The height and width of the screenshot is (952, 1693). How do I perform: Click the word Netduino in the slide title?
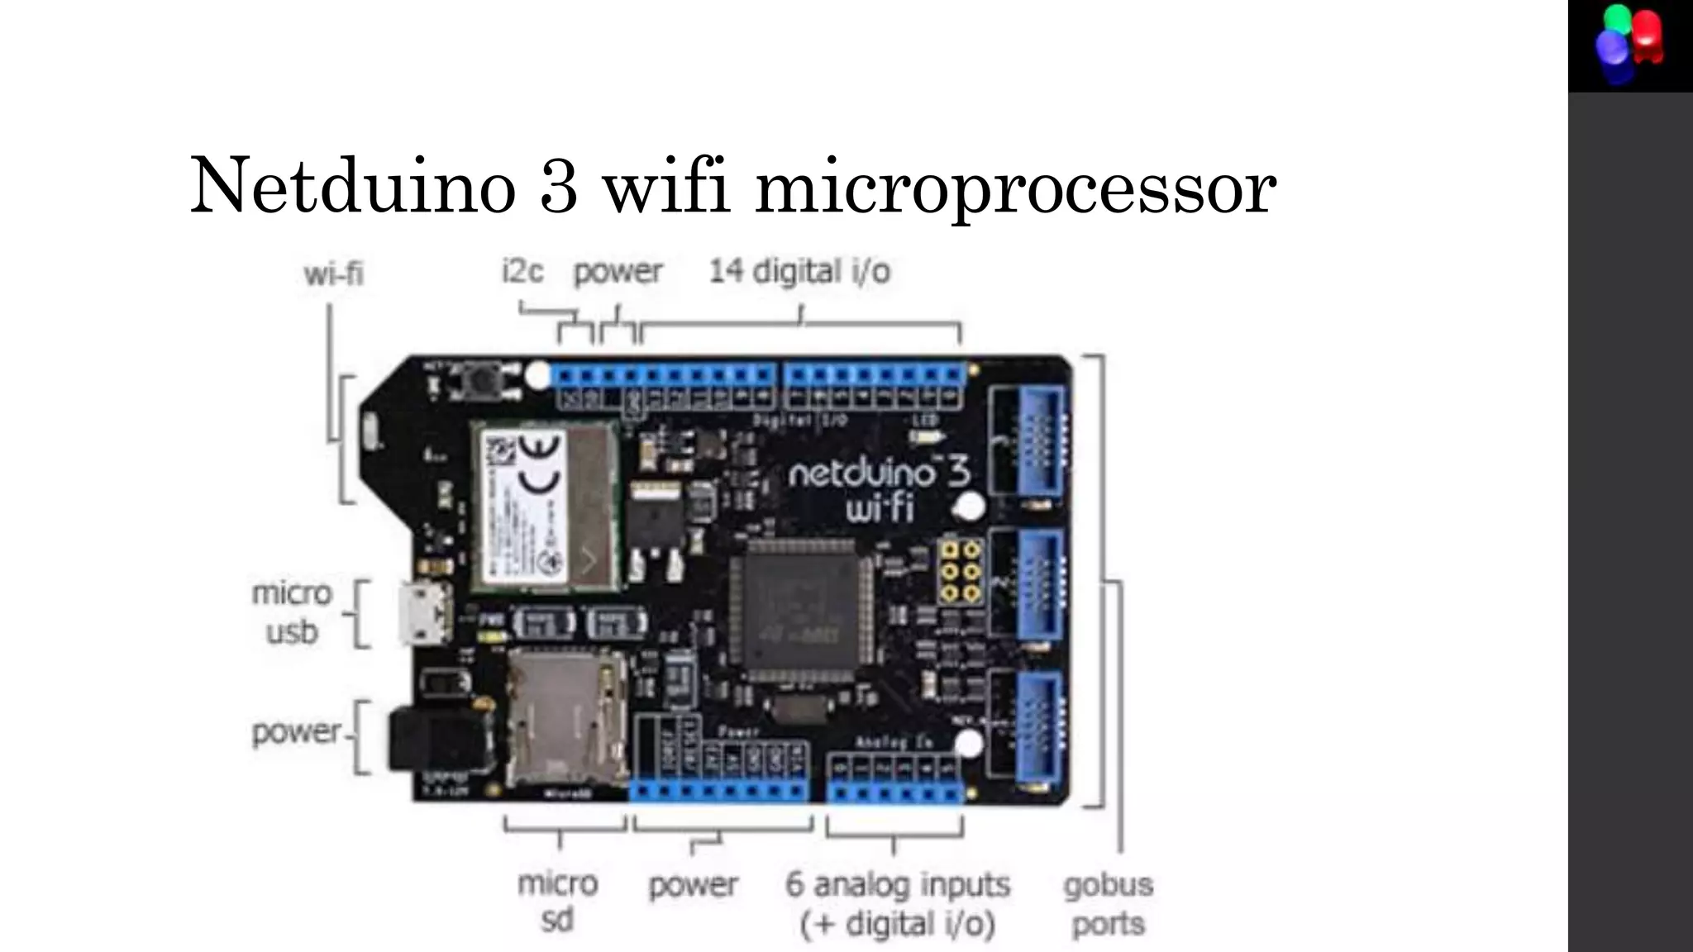coord(354,187)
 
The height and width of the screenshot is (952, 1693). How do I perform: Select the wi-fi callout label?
coord(333,274)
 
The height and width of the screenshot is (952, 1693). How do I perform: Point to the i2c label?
coord(522,271)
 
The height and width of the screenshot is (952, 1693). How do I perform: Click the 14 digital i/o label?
coord(799,271)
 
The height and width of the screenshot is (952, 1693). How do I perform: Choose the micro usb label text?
coord(292,612)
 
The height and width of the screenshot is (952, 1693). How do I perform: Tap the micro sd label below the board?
coord(557,901)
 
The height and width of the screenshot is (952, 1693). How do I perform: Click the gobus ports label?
coord(1108,903)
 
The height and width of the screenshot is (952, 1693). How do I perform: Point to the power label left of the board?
coord(296,731)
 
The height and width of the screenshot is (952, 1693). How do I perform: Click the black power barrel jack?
coord(437,739)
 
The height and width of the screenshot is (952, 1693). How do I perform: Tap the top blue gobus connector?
coord(1033,442)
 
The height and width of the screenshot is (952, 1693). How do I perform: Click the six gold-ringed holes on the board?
coord(961,571)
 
